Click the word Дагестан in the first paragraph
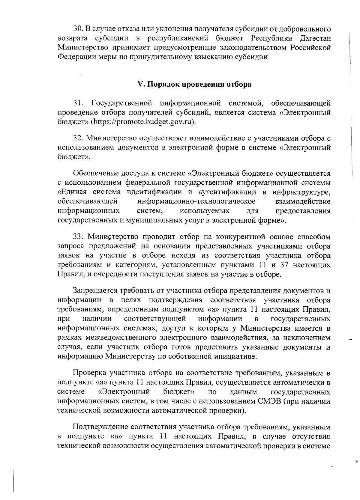(315, 38)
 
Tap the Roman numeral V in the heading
(139, 84)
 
